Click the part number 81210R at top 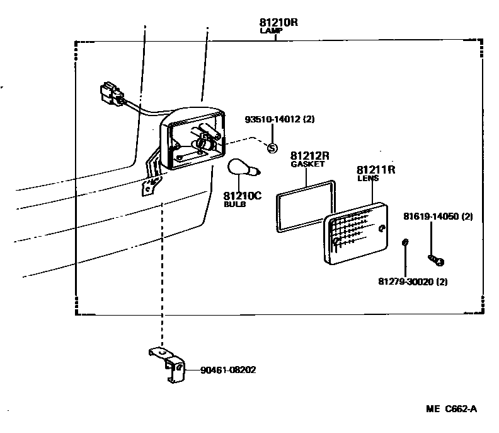[x=278, y=22]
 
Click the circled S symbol [x=272, y=148]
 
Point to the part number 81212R [x=310, y=155]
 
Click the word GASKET [x=307, y=164]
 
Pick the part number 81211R [x=376, y=170]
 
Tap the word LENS [x=368, y=179]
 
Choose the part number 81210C [x=242, y=196]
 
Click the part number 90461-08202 [x=228, y=371]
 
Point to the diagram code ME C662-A [x=451, y=409]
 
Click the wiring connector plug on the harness [x=110, y=93]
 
